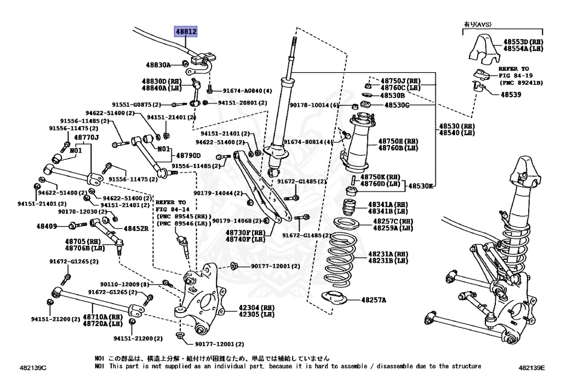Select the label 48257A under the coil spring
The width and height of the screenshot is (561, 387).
(374, 300)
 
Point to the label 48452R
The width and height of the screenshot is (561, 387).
(136, 229)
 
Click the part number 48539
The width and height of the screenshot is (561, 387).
(510, 94)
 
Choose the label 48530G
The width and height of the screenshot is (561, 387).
(397, 105)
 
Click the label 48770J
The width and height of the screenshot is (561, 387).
(87, 137)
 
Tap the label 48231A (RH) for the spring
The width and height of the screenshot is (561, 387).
(388, 254)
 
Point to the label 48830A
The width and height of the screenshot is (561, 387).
(158, 65)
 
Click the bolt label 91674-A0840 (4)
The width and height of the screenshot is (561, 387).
(248, 91)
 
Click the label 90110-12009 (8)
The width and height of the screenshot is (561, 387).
(124, 284)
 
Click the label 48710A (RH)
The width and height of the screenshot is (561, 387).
(102, 317)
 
